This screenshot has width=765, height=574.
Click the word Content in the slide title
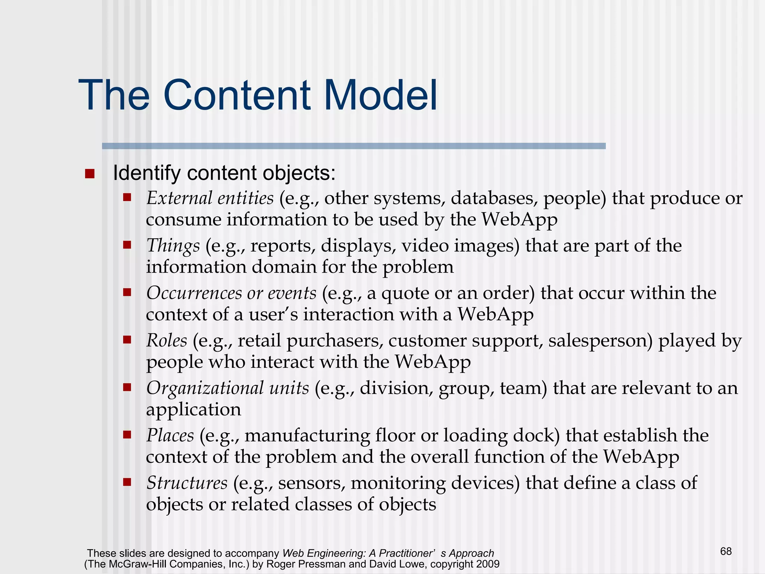[236, 95]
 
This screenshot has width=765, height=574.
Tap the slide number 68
[725, 551]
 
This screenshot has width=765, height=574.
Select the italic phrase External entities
[210, 198]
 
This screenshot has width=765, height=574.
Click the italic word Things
[173, 246]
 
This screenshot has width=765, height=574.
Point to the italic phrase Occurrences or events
[231, 293]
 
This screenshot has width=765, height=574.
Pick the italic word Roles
[167, 340]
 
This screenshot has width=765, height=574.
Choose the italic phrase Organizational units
[227, 388]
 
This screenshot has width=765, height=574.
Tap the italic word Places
[170, 435]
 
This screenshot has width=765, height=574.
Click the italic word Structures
[187, 483]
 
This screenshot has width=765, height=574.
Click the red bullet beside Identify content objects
[90, 174]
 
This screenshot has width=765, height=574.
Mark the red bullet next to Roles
[127, 339]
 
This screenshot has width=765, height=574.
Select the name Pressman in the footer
[325, 564]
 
